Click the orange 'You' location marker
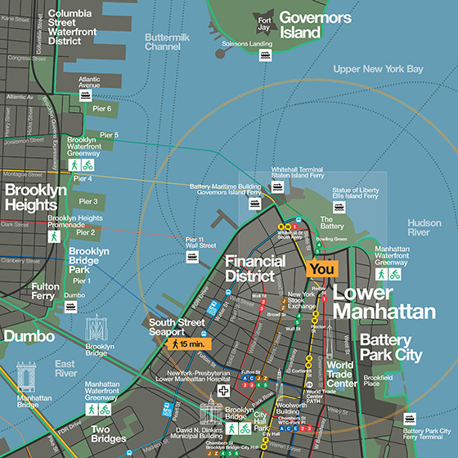pos(321,268)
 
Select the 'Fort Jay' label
pos(263,24)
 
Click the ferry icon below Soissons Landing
pos(266,56)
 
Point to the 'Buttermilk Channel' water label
pos(173,42)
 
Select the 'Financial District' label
pos(255,269)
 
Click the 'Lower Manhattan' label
pos(384,302)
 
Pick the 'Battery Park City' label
pos(391,348)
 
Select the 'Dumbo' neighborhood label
pos(28,335)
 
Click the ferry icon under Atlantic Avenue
pos(84,95)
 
